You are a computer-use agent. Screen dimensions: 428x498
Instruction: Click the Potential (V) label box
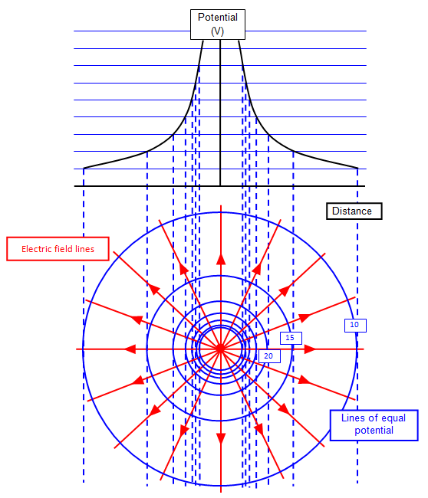click(x=218, y=25)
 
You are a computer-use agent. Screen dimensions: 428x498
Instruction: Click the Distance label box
click(x=354, y=211)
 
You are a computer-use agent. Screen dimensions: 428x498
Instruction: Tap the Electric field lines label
click(x=58, y=249)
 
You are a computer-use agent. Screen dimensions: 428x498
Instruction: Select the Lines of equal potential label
click(x=374, y=425)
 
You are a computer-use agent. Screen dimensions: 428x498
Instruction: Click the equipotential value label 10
click(x=355, y=325)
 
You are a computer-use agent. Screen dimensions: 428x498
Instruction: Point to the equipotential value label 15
click(x=291, y=338)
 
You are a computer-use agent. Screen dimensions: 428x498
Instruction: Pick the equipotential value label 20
click(x=269, y=356)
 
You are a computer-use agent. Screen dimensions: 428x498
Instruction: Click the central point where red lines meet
click(x=220, y=349)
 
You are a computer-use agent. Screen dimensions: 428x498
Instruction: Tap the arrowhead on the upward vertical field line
click(x=221, y=259)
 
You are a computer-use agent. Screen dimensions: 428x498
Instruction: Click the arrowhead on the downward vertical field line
click(x=221, y=439)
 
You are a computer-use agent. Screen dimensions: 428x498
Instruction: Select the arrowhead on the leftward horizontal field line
click(x=130, y=349)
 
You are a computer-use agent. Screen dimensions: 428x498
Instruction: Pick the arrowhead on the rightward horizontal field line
click(x=310, y=349)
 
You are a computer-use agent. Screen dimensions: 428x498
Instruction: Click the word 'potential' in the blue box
click(x=374, y=431)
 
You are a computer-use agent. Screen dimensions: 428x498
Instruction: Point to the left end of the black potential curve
click(x=84, y=168)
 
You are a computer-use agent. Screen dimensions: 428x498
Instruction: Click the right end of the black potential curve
click(x=357, y=168)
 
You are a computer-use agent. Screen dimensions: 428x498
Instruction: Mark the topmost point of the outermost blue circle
click(x=220, y=212)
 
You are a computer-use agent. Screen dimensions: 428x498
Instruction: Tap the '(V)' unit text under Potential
click(x=218, y=31)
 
